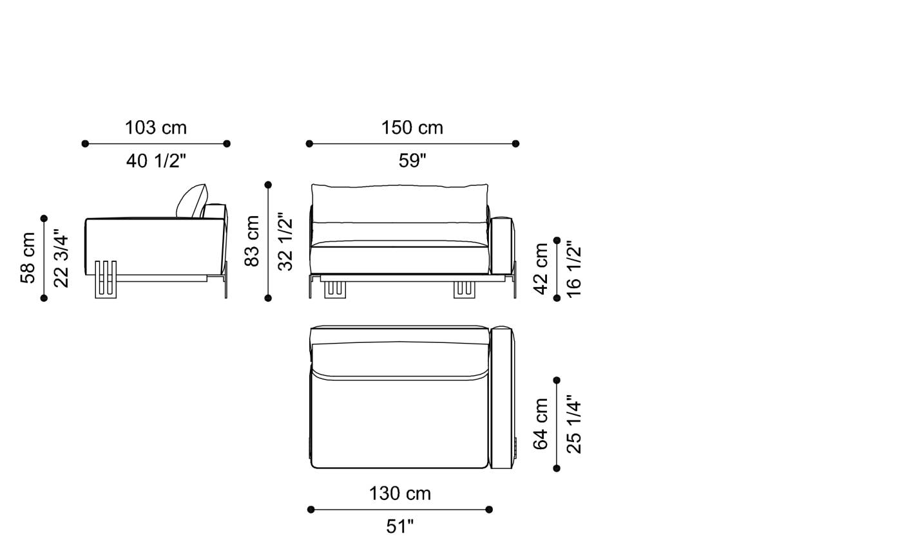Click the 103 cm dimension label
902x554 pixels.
click(x=156, y=127)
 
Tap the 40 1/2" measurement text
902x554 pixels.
click(x=156, y=161)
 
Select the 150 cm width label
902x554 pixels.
click(x=412, y=127)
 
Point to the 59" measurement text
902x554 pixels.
click(x=412, y=161)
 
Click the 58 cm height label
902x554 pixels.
click(x=28, y=257)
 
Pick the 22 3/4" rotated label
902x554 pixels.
click(x=61, y=257)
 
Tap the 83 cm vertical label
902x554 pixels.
click(x=252, y=241)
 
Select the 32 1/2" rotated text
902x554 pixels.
click(x=285, y=241)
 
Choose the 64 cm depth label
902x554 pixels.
click(x=541, y=423)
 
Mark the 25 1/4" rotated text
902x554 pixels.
click(x=573, y=423)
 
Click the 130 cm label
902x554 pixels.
click(x=399, y=494)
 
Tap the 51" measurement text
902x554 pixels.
click(x=399, y=526)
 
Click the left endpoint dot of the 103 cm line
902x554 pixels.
click(x=85, y=143)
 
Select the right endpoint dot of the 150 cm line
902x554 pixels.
click(x=515, y=143)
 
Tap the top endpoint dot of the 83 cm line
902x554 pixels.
click(x=268, y=185)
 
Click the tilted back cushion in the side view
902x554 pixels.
click(x=191, y=201)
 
